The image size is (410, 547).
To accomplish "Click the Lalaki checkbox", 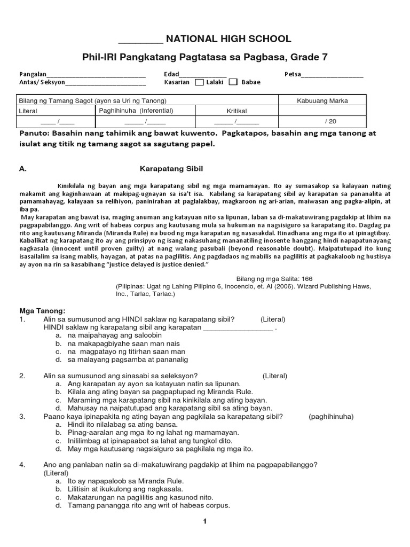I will point(199,82).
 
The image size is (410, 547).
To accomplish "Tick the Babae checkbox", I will point(233,82).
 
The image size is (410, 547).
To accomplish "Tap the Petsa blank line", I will point(332,75).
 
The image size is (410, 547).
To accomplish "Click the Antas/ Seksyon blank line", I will point(105,83).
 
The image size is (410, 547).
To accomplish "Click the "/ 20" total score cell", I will point(331,121).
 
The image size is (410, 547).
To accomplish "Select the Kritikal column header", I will point(236,111).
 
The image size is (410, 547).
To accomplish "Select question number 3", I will point(22,416).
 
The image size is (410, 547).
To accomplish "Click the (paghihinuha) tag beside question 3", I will point(331,416).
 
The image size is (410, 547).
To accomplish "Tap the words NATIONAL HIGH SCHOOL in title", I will point(229,39).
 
